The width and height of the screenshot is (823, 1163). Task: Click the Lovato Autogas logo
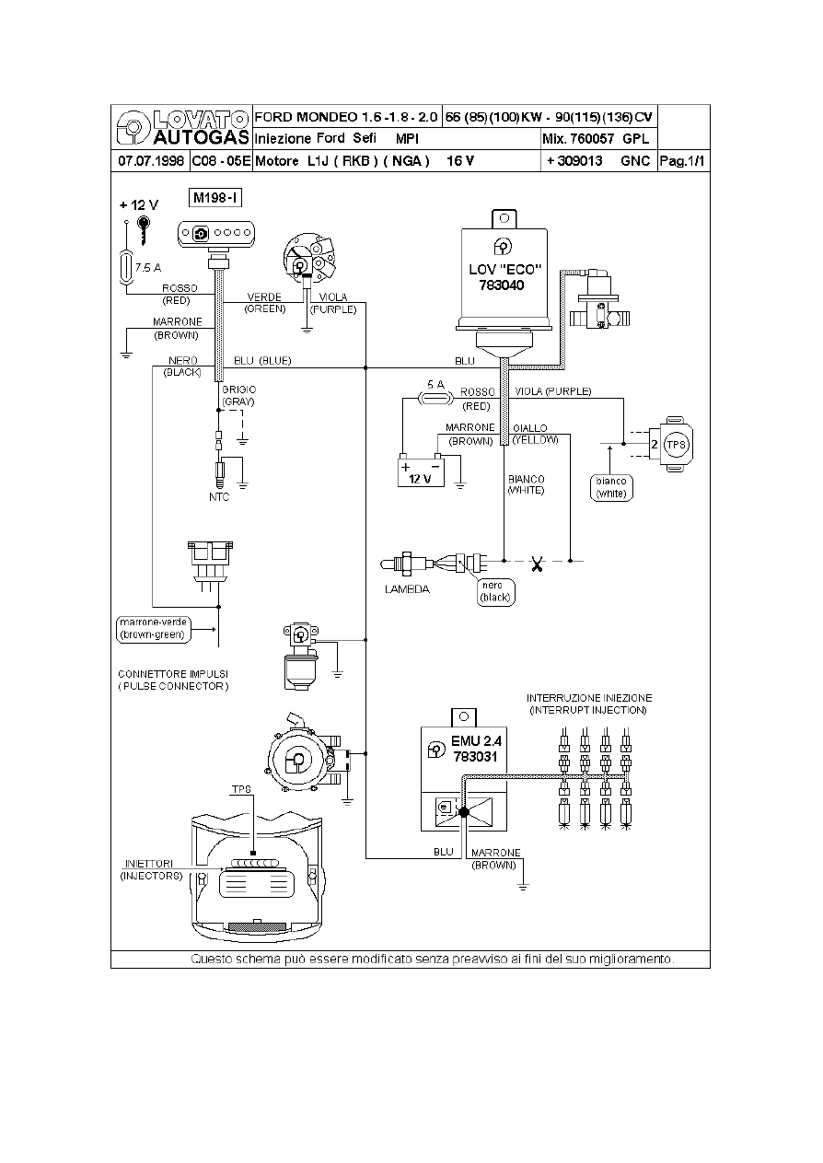pyautogui.click(x=180, y=127)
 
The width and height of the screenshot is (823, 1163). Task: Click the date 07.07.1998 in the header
pyautogui.click(x=149, y=161)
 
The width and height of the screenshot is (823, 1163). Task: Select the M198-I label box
pyautogui.click(x=214, y=197)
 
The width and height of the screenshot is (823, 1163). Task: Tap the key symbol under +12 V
pyautogui.click(x=144, y=230)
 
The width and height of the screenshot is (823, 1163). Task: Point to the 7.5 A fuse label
pyautogui.click(x=147, y=268)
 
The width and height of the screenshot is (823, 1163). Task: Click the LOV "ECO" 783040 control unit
pyautogui.click(x=505, y=276)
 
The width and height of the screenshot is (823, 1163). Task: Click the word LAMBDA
pyautogui.click(x=407, y=589)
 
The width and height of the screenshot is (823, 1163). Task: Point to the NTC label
pyautogui.click(x=219, y=497)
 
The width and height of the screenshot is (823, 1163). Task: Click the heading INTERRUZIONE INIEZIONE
pyautogui.click(x=589, y=698)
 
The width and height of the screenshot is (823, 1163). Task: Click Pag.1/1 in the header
pyautogui.click(x=684, y=161)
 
